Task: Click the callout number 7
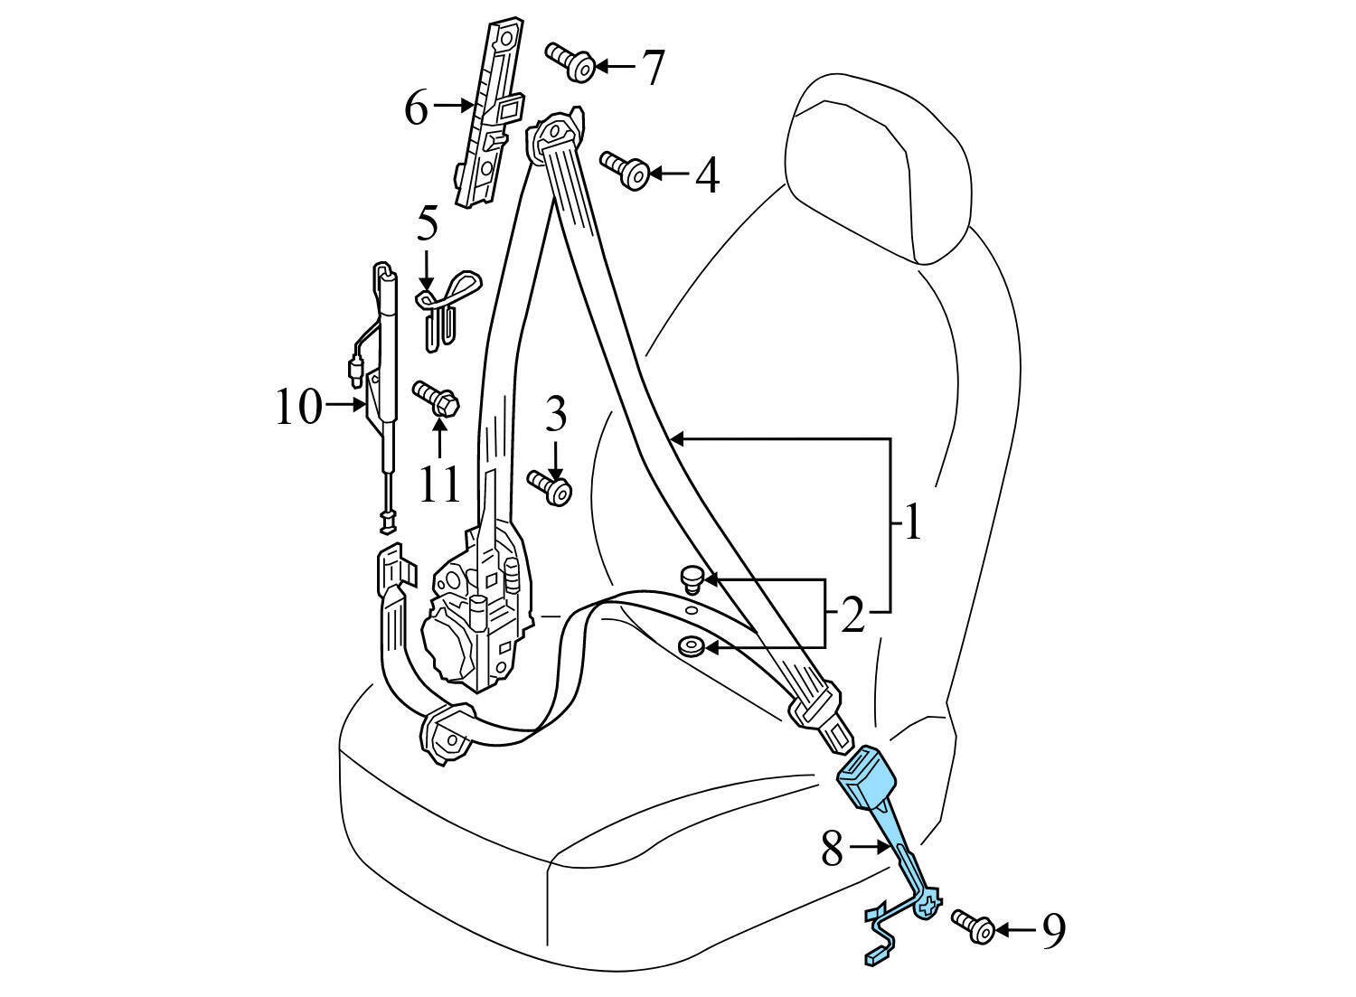tap(653, 67)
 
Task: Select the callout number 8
tap(833, 848)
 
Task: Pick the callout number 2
tap(852, 616)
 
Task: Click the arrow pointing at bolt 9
tap(1018, 929)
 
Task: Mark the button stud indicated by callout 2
tap(692, 577)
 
